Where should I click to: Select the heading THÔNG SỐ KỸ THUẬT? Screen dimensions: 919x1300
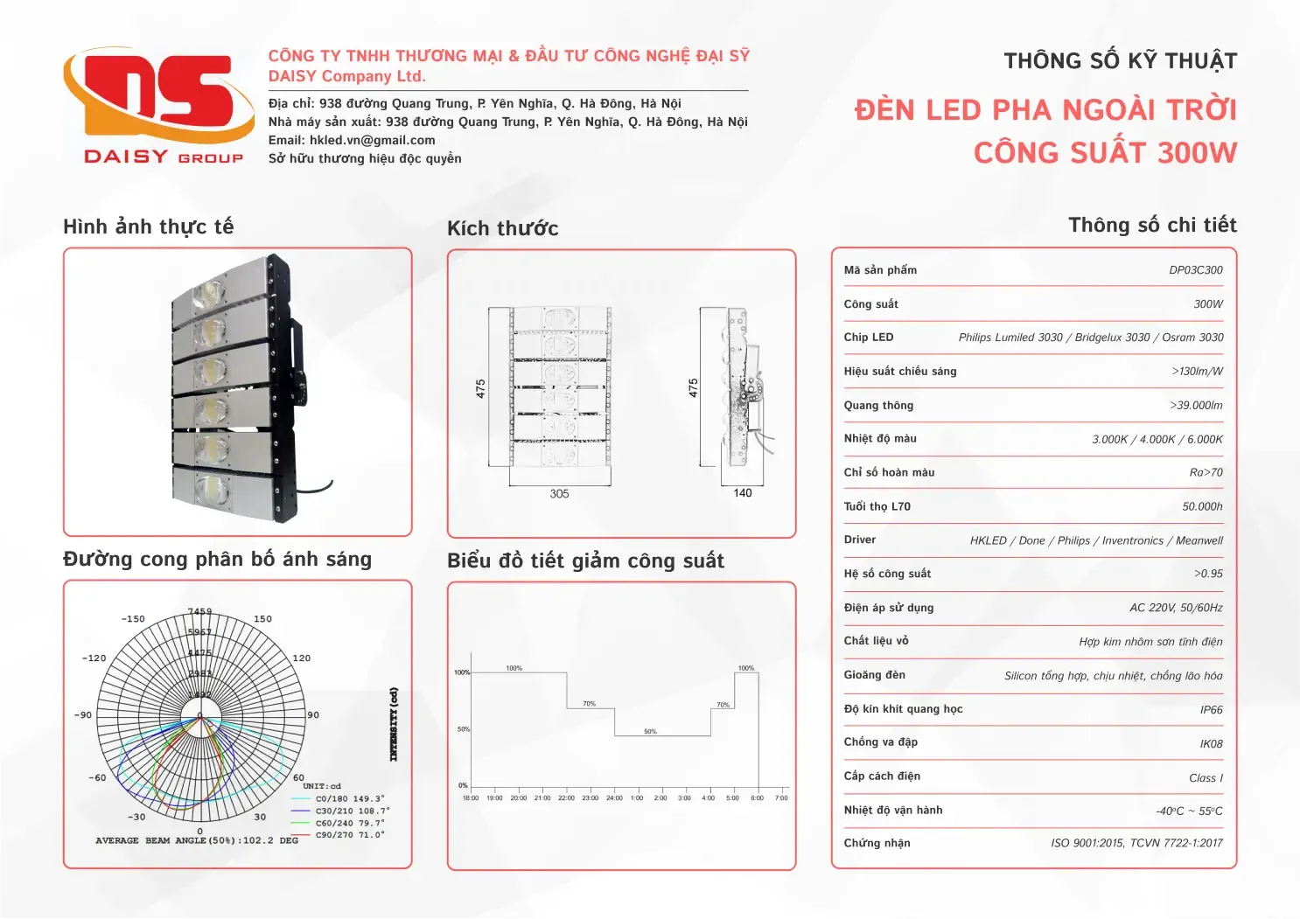(x=1120, y=61)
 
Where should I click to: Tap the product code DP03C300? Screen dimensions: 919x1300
(x=1195, y=270)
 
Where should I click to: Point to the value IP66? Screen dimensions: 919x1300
(x=1211, y=710)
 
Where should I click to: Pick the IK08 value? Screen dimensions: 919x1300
(x=1211, y=744)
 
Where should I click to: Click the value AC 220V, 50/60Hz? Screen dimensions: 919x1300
(x=1176, y=608)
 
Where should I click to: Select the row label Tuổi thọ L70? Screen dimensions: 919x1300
(x=877, y=506)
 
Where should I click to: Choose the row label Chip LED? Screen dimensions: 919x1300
(x=868, y=338)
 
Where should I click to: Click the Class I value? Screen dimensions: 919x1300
(x=1206, y=778)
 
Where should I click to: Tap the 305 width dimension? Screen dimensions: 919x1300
(x=559, y=494)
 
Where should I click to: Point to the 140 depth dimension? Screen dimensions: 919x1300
(x=743, y=493)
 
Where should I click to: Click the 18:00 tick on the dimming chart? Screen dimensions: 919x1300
(x=471, y=798)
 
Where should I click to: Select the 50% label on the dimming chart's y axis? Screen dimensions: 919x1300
(x=463, y=729)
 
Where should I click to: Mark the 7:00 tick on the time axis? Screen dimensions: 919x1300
(x=781, y=798)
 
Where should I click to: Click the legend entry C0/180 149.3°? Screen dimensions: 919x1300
(x=349, y=798)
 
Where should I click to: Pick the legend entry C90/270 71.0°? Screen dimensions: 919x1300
(x=349, y=835)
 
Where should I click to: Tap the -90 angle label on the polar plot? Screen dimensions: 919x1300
(x=83, y=715)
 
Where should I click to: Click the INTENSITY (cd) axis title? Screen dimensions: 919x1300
(x=394, y=724)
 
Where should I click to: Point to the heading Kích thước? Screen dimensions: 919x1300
(x=502, y=229)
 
